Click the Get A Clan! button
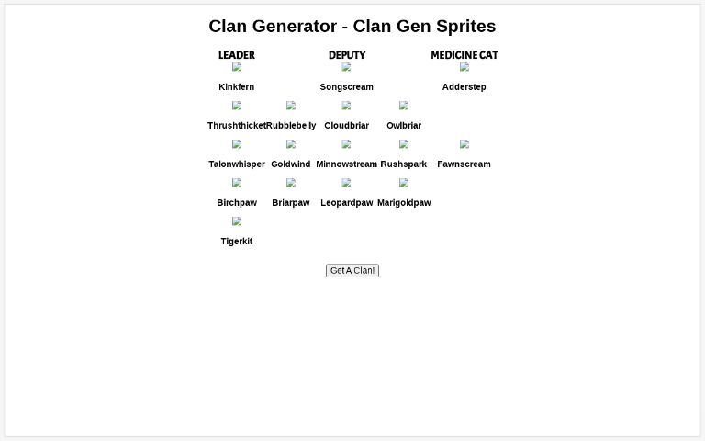pyautogui.click(x=352, y=270)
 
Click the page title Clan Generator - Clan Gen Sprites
pyautogui.click(x=352, y=27)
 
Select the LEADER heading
pyautogui.click(x=237, y=55)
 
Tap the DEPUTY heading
pyautogui.click(x=347, y=55)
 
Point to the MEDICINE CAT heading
pyautogui.click(x=464, y=55)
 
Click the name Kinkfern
pyautogui.click(x=237, y=87)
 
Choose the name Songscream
pyautogui.click(x=347, y=87)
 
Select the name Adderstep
pyautogui.click(x=464, y=87)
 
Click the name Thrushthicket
pyautogui.click(x=237, y=126)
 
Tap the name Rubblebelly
pyautogui.click(x=291, y=126)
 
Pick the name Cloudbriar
pyautogui.click(x=347, y=126)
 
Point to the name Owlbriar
pyautogui.click(x=404, y=126)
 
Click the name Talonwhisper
pyautogui.click(x=237, y=164)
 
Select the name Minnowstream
pyautogui.click(x=347, y=164)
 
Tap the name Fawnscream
pyautogui.click(x=464, y=164)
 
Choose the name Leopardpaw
pyautogui.click(x=347, y=203)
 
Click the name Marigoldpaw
pyautogui.click(x=404, y=203)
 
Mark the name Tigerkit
pyautogui.click(x=237, y=242)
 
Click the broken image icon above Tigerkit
pyautogui.click(x=237, y=221)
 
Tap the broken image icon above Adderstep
pyautogui.click(x=464, y=67)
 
